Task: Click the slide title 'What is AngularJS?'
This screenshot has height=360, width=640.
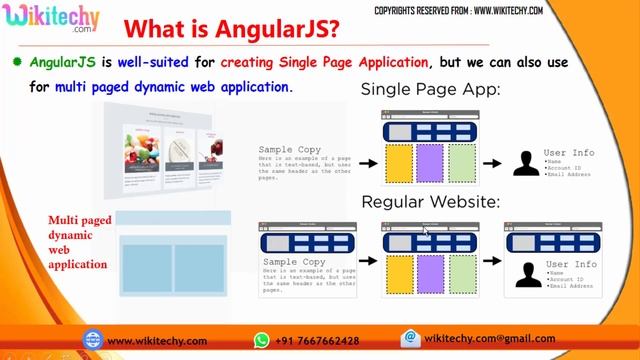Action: coord(236,27)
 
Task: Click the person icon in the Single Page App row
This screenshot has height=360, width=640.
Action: coord(526,163)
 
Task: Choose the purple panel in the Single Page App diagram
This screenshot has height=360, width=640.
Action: coord(430,163)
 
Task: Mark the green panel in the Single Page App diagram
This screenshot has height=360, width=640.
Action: coord(461,163)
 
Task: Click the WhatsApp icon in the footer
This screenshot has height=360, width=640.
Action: coord(262,340)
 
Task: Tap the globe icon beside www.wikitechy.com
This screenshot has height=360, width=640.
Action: coord(93,340)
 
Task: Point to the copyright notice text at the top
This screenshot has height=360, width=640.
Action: coord(472,10)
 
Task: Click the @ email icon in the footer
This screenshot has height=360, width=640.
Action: coord(408,339)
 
